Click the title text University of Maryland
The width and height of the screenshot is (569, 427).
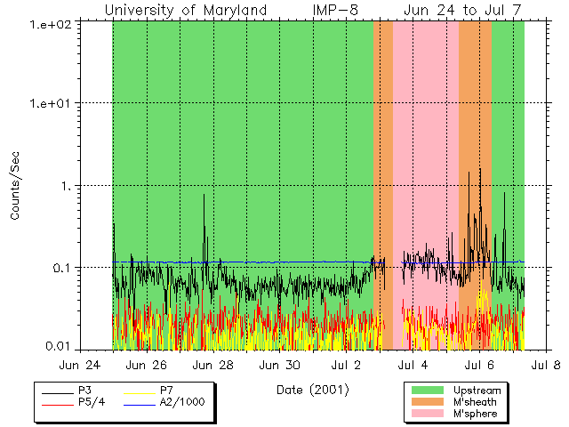[185, 10]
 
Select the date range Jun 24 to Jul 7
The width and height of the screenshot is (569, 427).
[461, 10]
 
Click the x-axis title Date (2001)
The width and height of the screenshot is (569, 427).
[312, 390]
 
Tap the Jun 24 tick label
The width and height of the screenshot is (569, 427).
[80, 365]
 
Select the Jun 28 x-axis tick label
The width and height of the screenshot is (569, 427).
[213, 365]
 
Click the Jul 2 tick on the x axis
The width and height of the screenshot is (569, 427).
[346, 365]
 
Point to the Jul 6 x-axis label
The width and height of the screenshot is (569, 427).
[479, 365]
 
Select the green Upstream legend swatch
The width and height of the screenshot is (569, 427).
[428, 390]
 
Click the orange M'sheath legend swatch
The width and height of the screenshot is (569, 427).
[428, 402]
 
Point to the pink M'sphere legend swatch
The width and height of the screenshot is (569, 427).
[428, 415]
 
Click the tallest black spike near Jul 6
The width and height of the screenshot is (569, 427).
[480, 170]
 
